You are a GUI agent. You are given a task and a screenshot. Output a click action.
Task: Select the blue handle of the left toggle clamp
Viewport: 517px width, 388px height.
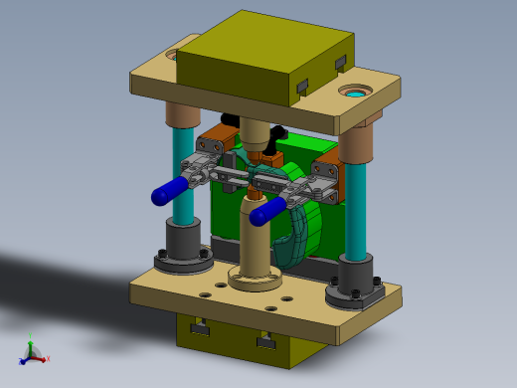pos(169,189)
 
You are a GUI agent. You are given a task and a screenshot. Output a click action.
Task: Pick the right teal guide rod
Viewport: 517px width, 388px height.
pos(356,209)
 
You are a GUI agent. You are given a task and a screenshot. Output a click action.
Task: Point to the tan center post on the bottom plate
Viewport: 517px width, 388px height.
pos(256,239)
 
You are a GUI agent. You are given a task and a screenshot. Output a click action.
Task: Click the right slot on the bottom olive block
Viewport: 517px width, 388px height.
pos(264,343)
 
